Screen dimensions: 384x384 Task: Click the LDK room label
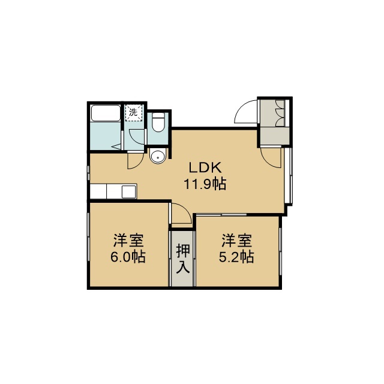(205, 168)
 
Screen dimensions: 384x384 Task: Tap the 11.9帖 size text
(205, 184)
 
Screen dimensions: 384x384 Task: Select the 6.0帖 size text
(128, 256)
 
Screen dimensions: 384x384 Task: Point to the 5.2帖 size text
(236, 256)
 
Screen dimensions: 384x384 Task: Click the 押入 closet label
(183, 259)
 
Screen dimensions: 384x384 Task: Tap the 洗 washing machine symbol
(133, 112)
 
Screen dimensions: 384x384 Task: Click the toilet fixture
(158, 122)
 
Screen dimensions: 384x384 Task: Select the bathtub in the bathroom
(106, 113)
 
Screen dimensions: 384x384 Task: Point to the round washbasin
(157, 156)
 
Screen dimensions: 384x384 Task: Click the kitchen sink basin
(129, 191)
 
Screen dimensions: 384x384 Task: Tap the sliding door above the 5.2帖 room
(221, 215)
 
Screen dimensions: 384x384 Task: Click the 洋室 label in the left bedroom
(128, 241)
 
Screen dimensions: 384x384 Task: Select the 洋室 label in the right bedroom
(236, 241)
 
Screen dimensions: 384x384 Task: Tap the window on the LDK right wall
(290, 175)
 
